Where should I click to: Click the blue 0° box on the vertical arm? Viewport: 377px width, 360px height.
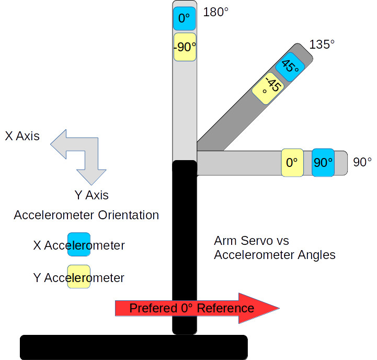[184, 19]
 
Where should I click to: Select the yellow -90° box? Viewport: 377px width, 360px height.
[185, 47]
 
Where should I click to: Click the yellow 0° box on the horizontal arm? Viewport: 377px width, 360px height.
[292, 162]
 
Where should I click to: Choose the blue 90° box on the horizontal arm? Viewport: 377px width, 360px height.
[323, 162]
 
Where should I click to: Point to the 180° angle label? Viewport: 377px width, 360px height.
[215, 12]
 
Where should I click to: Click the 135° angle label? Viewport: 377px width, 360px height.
[322, 44]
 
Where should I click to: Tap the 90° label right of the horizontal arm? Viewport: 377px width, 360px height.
[362, 162]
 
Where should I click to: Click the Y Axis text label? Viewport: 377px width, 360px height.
[92, 196]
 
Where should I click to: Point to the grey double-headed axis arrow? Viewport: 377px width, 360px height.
[78, 154]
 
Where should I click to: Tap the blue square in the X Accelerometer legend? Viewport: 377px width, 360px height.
[78, 245]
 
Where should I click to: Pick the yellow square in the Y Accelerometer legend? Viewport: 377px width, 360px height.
[78, 277]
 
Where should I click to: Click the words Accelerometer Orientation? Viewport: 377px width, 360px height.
[86, 215]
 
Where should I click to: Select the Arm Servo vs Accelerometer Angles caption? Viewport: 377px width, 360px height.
[275, 248]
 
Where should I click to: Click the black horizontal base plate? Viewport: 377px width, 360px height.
[133, 347]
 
